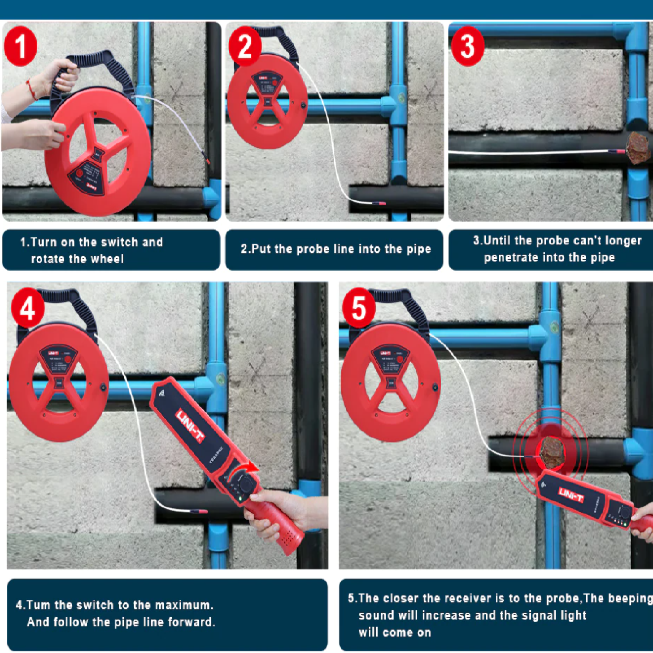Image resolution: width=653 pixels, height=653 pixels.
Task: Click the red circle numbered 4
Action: [28, 308]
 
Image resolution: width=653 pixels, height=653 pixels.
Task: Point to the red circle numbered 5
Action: [359, 308]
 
